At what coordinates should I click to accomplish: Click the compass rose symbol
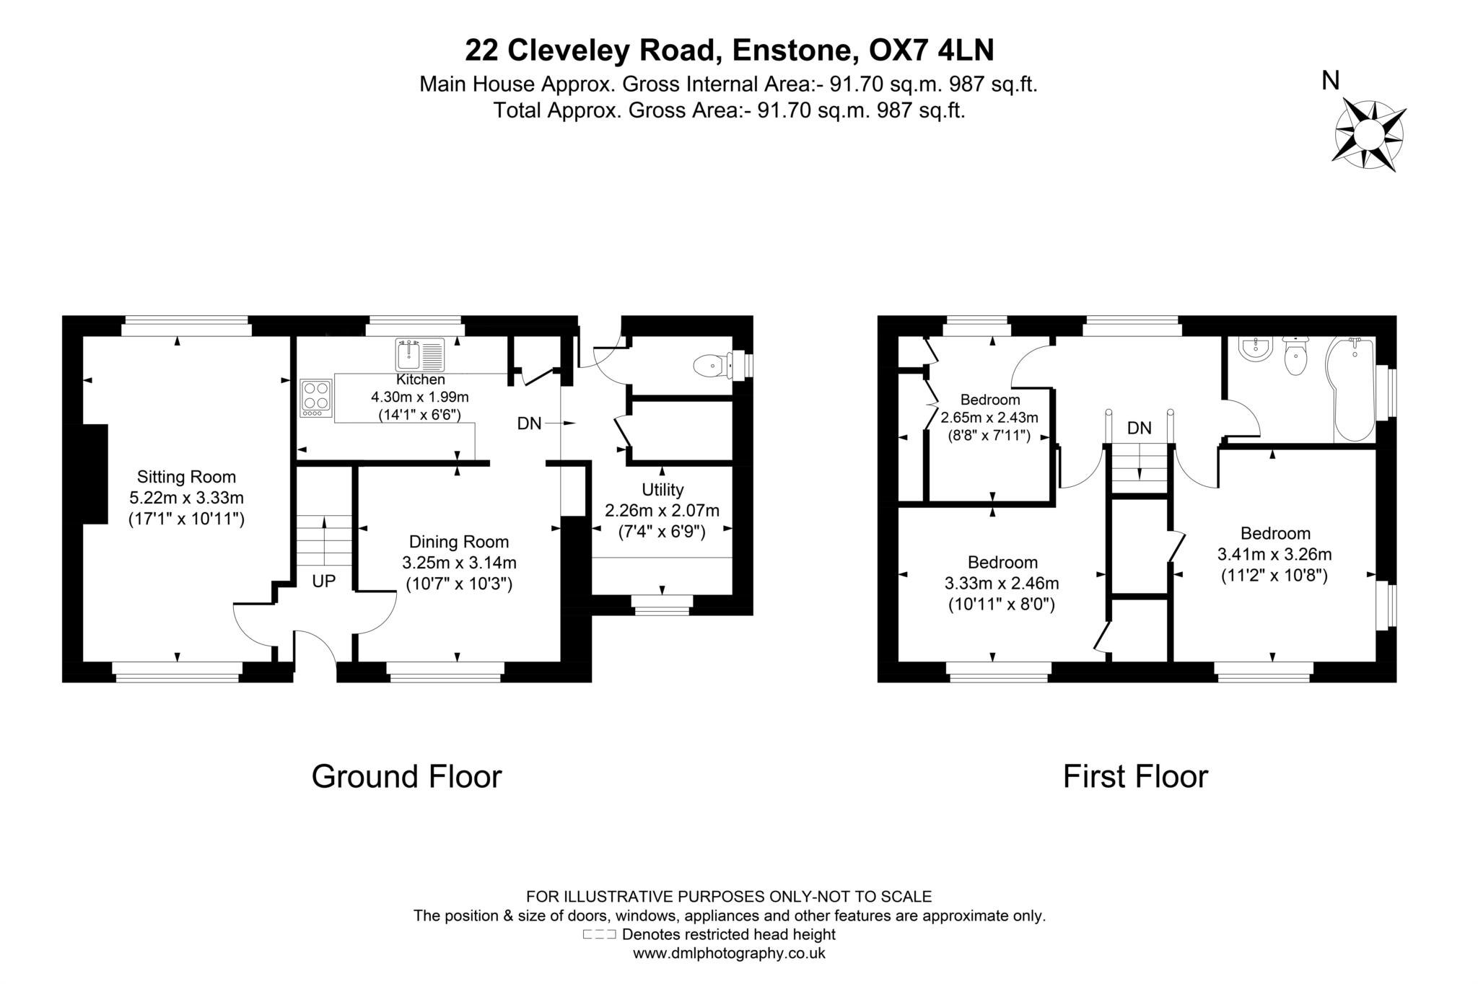[1368, 135]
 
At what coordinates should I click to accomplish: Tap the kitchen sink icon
[420, 355]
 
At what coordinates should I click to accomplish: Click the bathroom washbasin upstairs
[1255, 350]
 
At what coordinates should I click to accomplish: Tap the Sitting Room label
[186, 477]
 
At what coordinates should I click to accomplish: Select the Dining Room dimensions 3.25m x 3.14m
[459, 563]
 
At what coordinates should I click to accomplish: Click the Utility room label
[662, 490]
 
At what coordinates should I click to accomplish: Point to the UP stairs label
[324, 581]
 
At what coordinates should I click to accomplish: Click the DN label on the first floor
[1139, 428]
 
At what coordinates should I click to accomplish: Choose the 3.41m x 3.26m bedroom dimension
[1274, 554]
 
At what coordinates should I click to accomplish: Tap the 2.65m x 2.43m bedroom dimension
[989, 417]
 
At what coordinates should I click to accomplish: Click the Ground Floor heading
[406, 777]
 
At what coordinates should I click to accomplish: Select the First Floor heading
[1135, 777]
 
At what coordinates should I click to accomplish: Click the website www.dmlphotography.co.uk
[729, 953]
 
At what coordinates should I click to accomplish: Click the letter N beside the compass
[1330, 82]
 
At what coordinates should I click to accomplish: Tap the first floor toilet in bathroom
[1296, 359]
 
